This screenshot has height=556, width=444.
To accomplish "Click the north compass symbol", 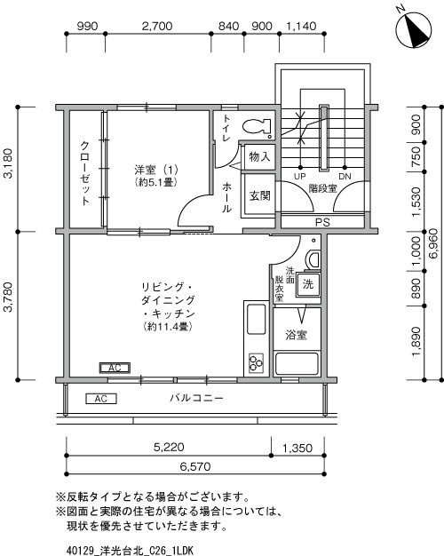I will click(x=411, y=31).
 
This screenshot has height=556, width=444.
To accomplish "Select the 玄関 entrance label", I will click(x=259, y=196).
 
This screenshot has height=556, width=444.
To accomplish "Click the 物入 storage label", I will click(x=259, y=158).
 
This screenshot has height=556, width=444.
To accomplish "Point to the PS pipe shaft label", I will click(x=321, y=222).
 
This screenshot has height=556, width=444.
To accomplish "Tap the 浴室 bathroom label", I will click(x=296, y=335).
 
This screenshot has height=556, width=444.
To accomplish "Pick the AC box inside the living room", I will click(x=114, y=368).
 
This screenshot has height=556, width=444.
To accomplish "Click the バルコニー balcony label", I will click(x=196, y=397).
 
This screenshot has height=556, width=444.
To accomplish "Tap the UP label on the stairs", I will click(x=300, y=176).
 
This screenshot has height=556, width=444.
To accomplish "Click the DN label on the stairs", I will click(x=345, y=176).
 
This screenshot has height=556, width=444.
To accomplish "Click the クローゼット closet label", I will click(x=84, y=173).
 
